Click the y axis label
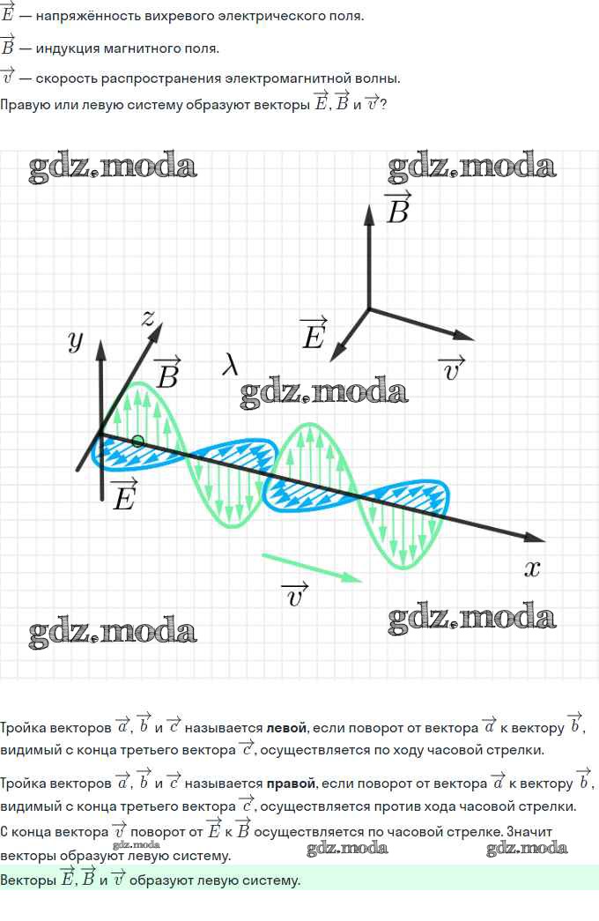click(x=76, y=341)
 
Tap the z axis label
click(x=148, y=318)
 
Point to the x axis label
click(x=531, y=568)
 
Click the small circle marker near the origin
click(x=137, y=442)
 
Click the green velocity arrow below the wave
click(x=311, y=568)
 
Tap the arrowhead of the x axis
click(x=535, y=537)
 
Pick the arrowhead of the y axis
click(x=101, y=350)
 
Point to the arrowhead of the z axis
click(x=156, y=332)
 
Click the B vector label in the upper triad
click(x=397, y=207)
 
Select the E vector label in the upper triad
click(x=313, y=333)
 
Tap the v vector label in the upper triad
click(x=452, y=368)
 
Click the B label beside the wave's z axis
click(x=167, y=373)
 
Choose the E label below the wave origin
click(x=124, y=494)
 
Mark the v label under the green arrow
click(x=295, y=595)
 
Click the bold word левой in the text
click(x=286, y=728)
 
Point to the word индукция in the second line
click(x=68, y=48)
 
